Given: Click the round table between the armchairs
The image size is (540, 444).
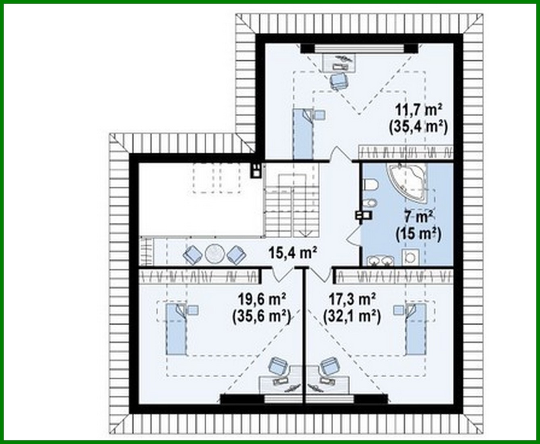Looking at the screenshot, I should coord(214,254).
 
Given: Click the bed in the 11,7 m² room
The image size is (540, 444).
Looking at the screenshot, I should coord(303,133).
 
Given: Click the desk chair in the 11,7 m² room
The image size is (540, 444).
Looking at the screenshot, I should coord(338,80).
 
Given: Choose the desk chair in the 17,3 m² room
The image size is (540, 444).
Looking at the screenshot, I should coord(328,366).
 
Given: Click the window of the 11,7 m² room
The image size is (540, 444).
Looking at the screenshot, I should coord(359,49).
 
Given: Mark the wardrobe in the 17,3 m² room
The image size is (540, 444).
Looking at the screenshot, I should coord(394,276).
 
